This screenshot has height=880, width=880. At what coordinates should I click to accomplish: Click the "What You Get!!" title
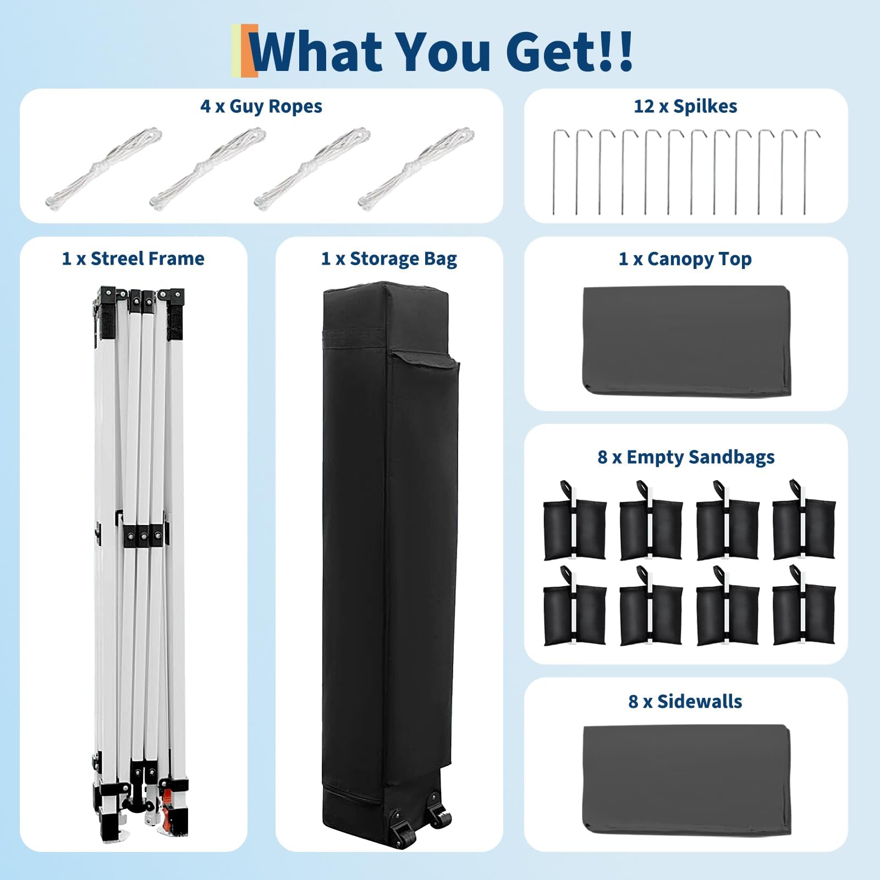tap(443, 52)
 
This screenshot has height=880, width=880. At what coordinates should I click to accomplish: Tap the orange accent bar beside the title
tap(252, 51)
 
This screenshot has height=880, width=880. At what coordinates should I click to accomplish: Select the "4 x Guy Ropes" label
tap(261, 106)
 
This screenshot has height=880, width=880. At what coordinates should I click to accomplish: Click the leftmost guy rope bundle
tap(104, 168)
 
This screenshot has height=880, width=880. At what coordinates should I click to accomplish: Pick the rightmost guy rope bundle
tap(416, 168)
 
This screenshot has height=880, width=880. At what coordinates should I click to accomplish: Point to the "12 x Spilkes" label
tap(685, 106)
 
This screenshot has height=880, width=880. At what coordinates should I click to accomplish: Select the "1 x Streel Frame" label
tap(133, 258)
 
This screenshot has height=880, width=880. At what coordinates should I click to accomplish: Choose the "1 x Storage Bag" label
tap(389, 258)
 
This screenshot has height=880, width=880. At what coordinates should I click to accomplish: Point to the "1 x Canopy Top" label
tap(685, 258)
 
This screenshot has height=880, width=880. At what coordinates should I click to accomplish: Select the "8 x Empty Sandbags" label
tap(686, 457)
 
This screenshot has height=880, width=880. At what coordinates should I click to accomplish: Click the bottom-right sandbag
tap(804, 606)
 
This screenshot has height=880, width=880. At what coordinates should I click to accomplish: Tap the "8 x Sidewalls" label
tap(685, 701)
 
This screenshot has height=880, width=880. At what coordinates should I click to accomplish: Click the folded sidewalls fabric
tap(686, 779)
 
